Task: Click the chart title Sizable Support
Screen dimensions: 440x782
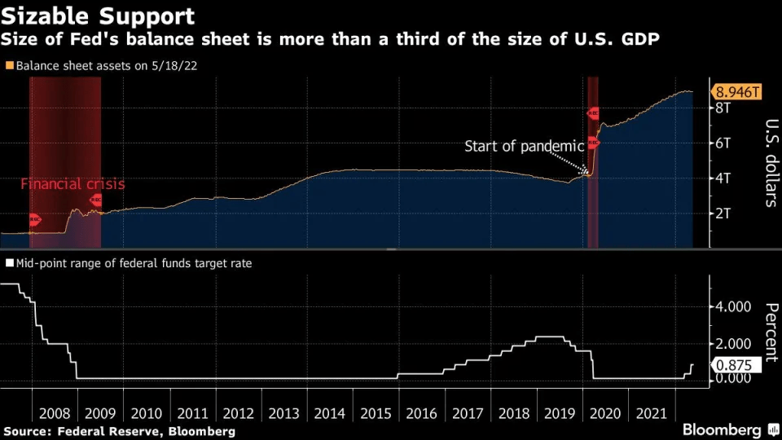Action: [x=99, y=15]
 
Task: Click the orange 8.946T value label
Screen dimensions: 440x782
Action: [x=737, y=91]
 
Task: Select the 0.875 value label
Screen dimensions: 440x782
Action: [x=737, y=365]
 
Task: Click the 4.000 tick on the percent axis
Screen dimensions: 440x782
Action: [x=731, y=307]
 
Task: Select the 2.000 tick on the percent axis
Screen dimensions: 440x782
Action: [x=731, y=343]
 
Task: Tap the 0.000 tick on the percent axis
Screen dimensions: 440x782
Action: [x=731, y=378]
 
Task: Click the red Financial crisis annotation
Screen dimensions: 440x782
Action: [x=72, y=184]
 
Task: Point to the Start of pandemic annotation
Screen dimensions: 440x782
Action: [x=524, y=147]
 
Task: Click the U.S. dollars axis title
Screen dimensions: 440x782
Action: [x=771, y=164]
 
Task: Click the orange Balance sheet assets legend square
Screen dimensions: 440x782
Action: [x=9, y=65]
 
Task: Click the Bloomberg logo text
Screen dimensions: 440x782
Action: [x=721, y=429]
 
